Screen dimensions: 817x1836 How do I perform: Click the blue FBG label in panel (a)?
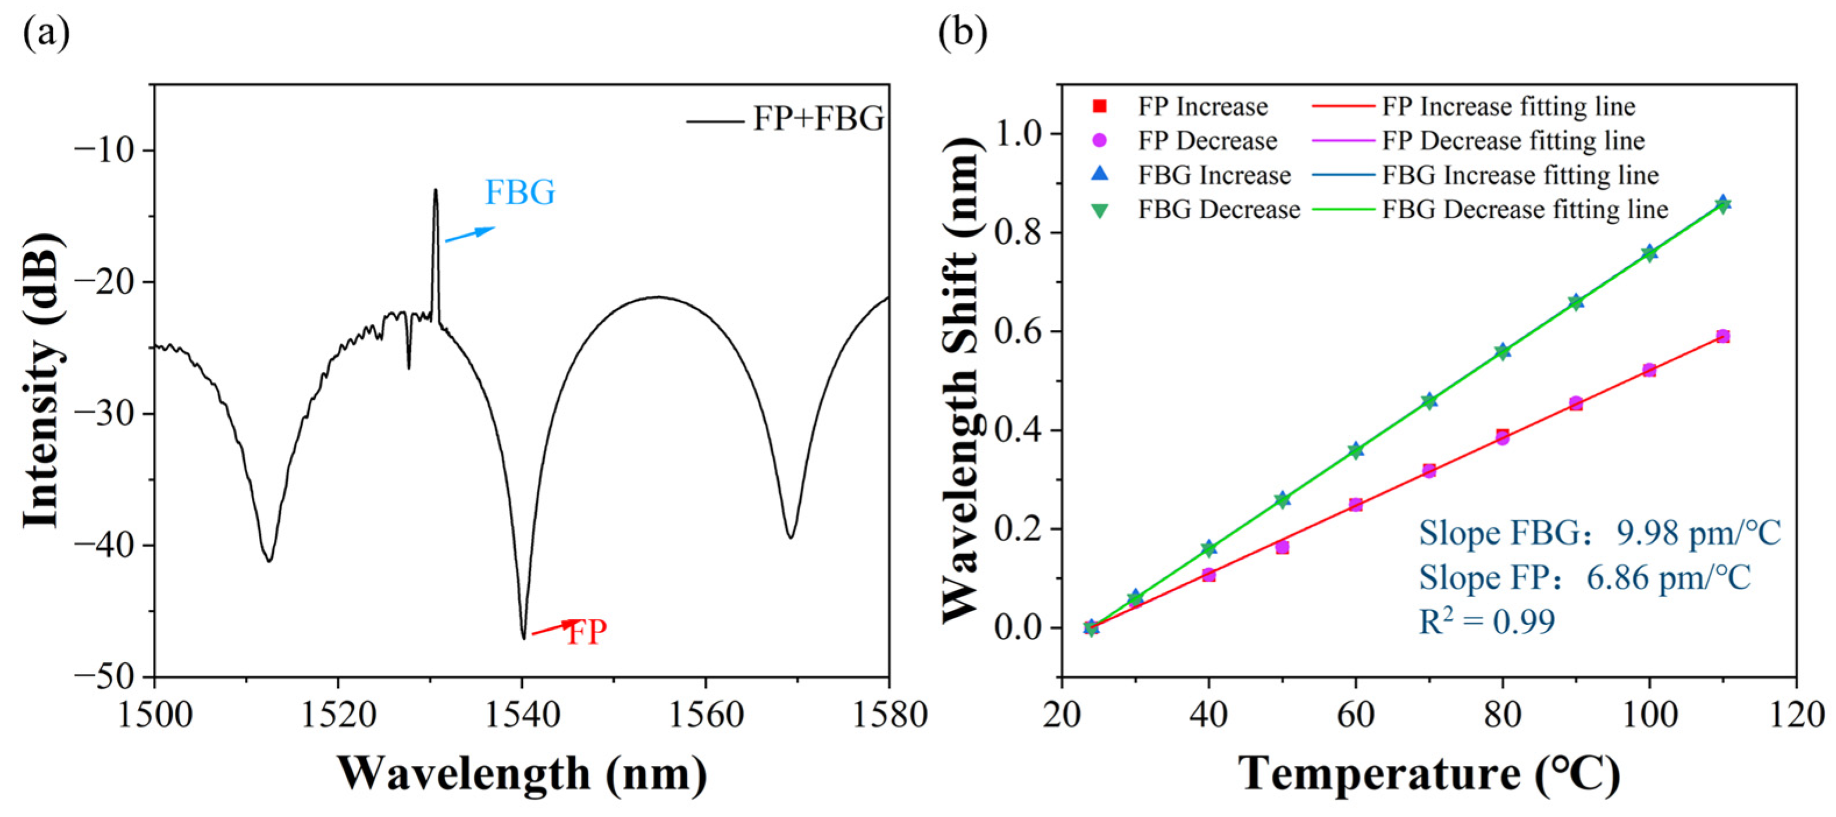tap(519, 193)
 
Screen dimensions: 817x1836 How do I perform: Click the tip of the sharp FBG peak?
tap(436, 191)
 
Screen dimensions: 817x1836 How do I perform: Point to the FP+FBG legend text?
tap(818, 118)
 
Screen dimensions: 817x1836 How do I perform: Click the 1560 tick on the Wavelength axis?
tap(705, 715)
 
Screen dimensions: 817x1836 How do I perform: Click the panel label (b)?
tap(962, 33)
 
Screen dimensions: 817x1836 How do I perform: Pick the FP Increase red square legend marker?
tap(1100, 107)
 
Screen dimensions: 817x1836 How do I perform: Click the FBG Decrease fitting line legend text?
tap(1525, 209)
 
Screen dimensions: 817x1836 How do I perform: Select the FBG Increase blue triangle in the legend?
tap(1100, 174)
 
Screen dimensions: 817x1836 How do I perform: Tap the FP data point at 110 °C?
tap(1723, 336)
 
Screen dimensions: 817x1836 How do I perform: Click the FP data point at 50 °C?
tap(1282, 548)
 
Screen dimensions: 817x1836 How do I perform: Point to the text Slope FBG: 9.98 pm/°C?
tap(1599, 533)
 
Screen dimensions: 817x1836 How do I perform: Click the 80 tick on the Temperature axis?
tap(1502, 715)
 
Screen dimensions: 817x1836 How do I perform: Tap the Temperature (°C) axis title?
tap(1428, 774)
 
